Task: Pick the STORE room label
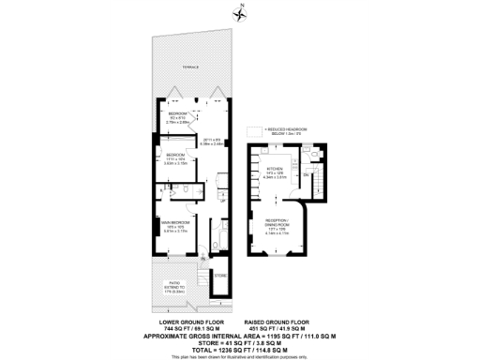click(220, 276)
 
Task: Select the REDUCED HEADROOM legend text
click(290, 132)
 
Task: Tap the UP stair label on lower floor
click(222, 200)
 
